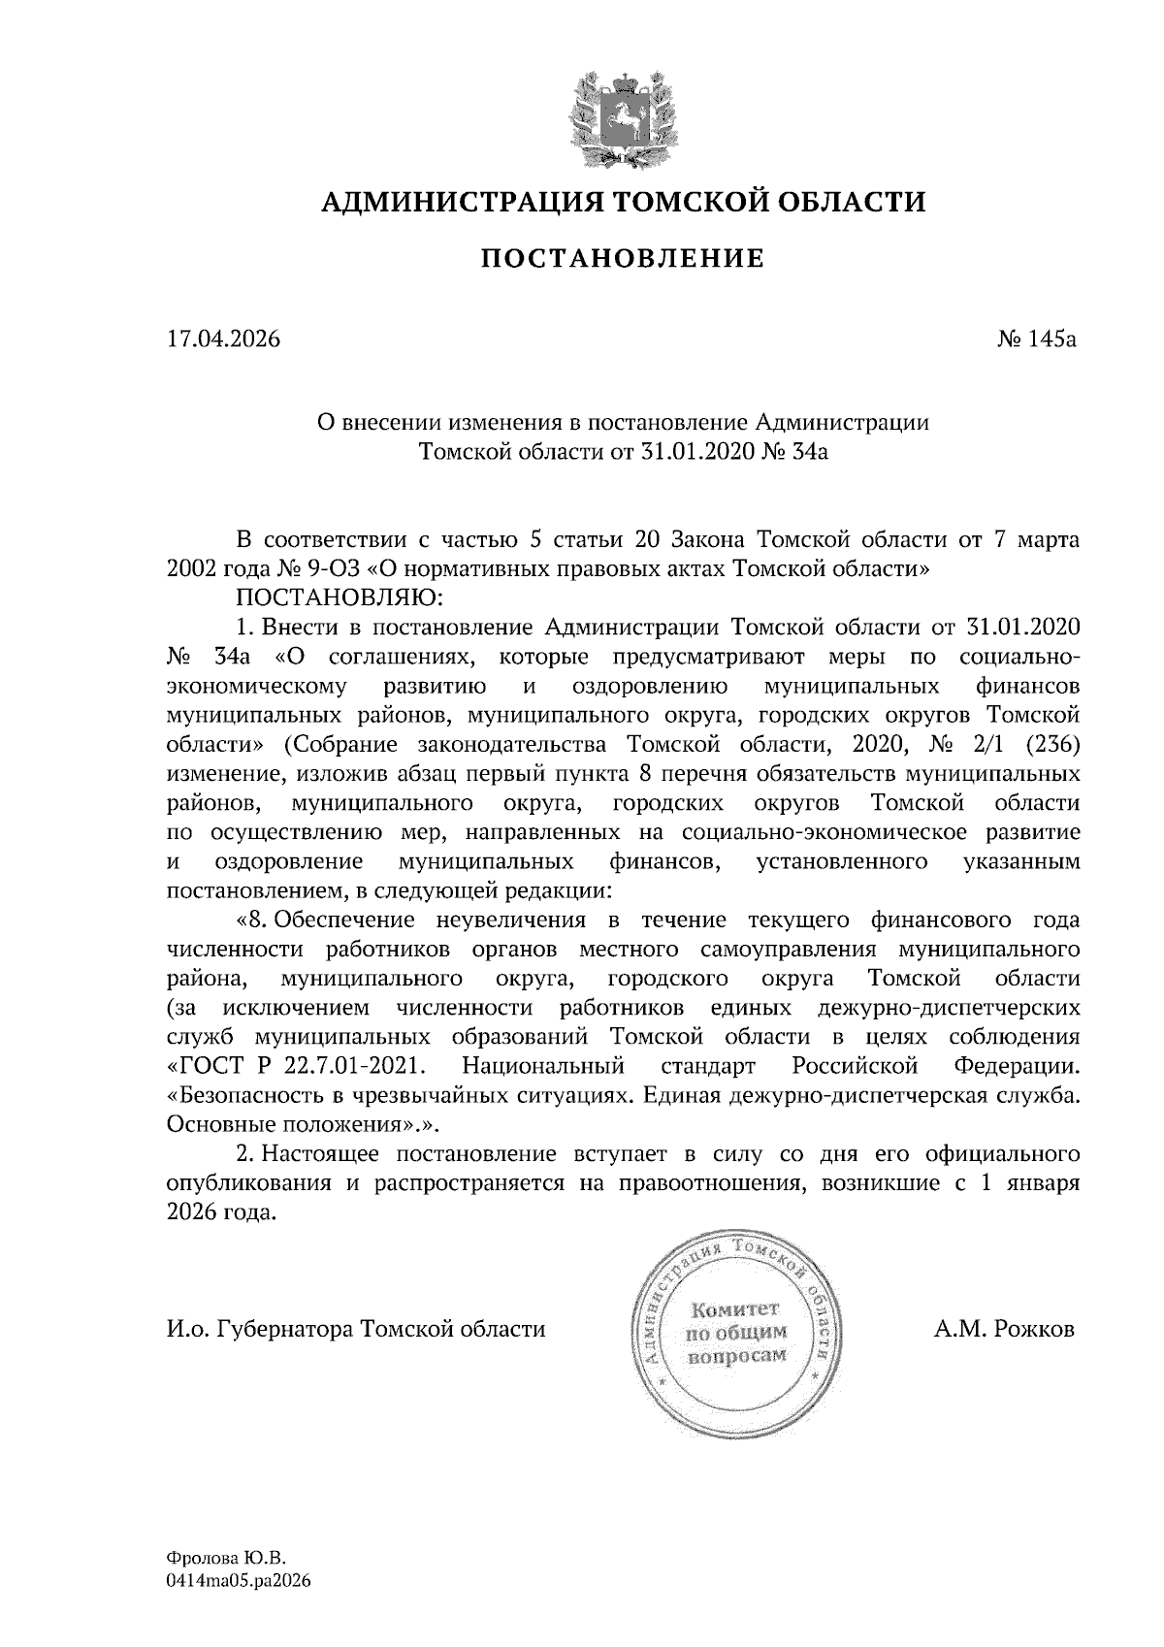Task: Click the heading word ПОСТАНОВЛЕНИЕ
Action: [x=623, y=259]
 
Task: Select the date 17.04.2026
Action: [x=223, y=339]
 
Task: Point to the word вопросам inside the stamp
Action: [x=735, y=1355]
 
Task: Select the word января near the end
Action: [x=1047, y=1183]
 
